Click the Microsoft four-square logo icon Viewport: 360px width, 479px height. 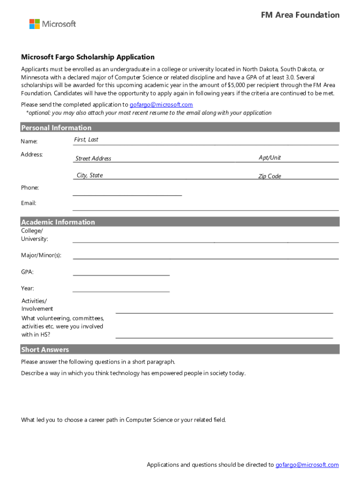[35, 24]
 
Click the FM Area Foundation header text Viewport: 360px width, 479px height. [300, 15]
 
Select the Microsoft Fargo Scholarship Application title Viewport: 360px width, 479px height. [87, 57]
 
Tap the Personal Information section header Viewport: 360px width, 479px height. [56, 128]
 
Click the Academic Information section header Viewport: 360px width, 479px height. [58, 222]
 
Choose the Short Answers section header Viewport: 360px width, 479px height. [45, 350]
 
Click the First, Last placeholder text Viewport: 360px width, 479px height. [86, 140]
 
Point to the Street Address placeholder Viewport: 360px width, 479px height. [94, 159]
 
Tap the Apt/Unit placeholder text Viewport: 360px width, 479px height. [270, 158]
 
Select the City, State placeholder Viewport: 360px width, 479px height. [90, 175]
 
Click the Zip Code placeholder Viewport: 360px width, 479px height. [270, 176]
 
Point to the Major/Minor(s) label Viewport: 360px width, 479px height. [41, 255]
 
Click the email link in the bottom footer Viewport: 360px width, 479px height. [307, 464]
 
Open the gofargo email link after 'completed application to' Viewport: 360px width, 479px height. [161, 105]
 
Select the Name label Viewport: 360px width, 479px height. [29, 141]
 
